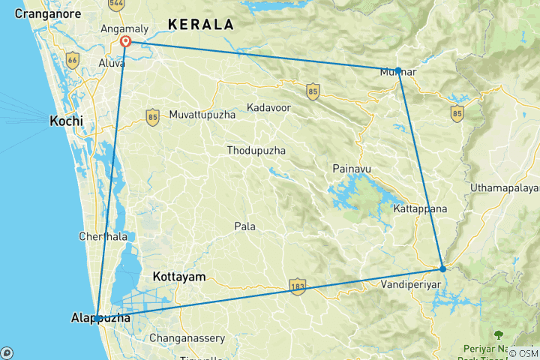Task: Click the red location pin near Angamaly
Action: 126,43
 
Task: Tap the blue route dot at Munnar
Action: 398,70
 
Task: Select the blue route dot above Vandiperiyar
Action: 442,268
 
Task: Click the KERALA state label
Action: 200,25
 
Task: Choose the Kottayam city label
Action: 178,277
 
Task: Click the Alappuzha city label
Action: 100,318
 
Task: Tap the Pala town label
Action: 244,226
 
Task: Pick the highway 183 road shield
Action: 298,286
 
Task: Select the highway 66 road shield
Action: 73,59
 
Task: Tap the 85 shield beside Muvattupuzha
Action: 153,117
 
